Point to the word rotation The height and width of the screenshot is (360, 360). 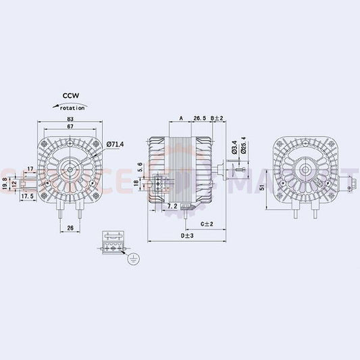(x=72, y=108)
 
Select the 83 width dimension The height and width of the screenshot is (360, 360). (x=71, y=120)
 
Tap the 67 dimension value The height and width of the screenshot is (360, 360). (x=71, y=127)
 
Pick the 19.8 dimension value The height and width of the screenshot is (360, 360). (x=5, y=183)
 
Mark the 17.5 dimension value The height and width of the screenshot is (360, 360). (x=28, y=196)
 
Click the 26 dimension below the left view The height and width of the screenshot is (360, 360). (x=71, y=228)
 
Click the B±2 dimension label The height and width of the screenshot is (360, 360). (x=217, y=119)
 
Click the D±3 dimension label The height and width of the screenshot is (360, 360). (x=187, y=236)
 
